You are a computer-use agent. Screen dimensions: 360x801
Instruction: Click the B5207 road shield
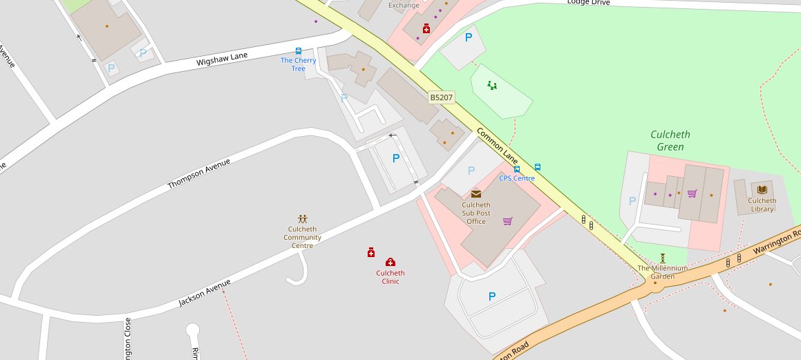point(442,98)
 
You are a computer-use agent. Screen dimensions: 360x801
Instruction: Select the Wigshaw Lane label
point(221,60)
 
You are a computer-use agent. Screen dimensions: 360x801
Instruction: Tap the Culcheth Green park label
point(670,141)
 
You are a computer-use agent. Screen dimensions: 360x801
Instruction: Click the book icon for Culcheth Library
point(762,189)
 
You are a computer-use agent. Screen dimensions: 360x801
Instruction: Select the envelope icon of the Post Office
point(475,194)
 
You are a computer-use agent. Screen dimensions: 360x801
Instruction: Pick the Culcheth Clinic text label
point(390,277)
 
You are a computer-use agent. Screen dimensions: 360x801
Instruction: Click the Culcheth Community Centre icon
point(302,219)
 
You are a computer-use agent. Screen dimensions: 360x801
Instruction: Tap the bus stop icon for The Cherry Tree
point(299,50)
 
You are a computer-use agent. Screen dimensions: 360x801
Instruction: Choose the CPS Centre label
point(517,178)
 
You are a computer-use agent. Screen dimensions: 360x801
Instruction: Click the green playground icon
point(492,86)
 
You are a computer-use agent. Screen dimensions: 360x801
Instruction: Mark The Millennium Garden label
point(662,272)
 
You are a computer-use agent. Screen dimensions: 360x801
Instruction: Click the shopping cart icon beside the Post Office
point(508,221)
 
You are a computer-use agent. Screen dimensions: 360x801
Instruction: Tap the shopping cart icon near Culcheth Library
point(692,193)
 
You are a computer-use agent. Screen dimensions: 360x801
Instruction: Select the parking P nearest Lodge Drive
point(469,38)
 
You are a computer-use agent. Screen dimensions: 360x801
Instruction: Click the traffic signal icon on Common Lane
point(587,222)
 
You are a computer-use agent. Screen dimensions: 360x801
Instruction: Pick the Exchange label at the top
point(404,6)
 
